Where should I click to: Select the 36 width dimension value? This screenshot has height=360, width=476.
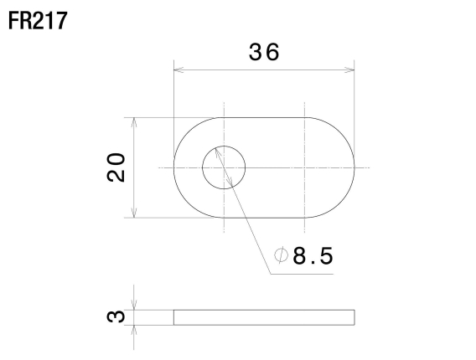point(265,52)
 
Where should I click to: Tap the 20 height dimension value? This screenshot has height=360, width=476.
point(116,167)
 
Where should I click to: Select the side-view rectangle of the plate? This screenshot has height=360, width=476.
point(264,316)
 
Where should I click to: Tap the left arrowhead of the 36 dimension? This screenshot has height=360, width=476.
point(177,69)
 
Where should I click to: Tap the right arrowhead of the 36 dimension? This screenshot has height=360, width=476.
point(351,69)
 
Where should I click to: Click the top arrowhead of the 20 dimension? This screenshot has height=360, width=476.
point(133,121)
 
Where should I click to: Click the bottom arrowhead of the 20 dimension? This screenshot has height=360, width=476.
point(133,213)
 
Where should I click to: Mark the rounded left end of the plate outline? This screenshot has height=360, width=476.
point(175,167)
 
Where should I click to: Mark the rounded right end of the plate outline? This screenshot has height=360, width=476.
point(354,167)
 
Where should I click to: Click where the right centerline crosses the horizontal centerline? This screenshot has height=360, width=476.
point(304,167)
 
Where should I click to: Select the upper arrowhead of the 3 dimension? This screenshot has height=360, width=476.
point(133,306)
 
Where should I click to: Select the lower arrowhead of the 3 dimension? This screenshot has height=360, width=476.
point(133,328)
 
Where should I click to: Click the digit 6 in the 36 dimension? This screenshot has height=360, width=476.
point(273,52)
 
